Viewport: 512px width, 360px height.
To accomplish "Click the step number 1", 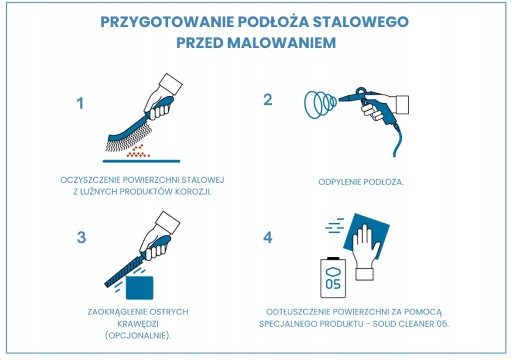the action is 80,103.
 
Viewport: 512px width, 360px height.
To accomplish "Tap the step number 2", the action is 268,100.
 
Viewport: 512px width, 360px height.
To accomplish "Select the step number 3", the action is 81,237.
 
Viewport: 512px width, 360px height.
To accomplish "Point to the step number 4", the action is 268,237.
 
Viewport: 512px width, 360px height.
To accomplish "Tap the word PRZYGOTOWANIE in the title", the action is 167,22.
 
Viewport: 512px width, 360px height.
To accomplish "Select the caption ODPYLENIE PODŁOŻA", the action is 361,182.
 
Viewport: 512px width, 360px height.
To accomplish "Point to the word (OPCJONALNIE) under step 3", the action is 138,335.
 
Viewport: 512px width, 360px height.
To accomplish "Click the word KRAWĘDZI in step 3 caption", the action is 138,324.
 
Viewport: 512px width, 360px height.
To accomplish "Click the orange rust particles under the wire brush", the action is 138,151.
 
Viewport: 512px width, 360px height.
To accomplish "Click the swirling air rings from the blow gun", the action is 320,104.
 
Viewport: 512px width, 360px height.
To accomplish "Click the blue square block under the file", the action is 140,288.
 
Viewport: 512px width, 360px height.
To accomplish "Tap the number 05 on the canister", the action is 333,284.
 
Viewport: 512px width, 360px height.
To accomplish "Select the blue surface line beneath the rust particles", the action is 141,161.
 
